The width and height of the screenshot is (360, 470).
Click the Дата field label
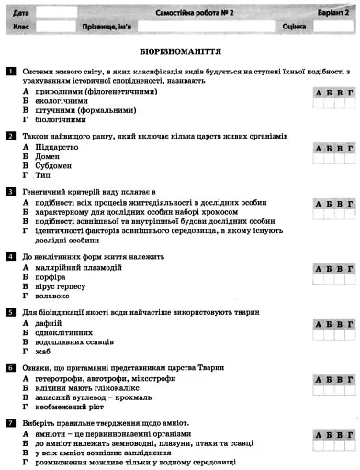pos(22,12)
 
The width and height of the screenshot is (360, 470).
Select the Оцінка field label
pos(294,27)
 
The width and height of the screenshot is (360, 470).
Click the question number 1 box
pos(9,71)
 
